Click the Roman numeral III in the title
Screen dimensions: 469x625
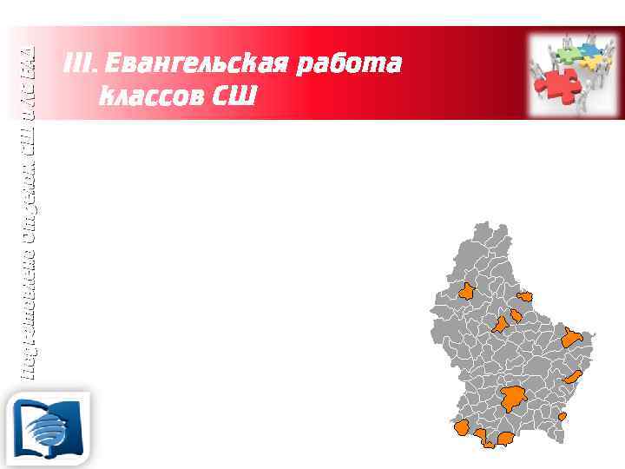pos(77,64)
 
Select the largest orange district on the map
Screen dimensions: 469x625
pos(512,399)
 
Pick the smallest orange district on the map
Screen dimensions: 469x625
pos(562,417)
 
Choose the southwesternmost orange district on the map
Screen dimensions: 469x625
pos(462,427)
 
